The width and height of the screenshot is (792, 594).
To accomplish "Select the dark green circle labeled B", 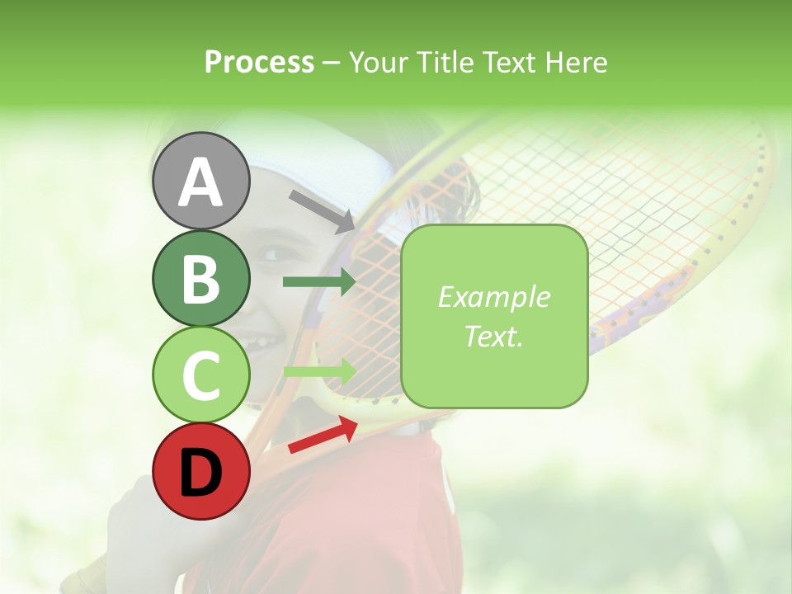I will (x=200, y=278).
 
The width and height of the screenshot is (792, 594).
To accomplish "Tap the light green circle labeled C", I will (x=200, y=375).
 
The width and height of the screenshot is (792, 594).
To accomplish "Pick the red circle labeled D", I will (x=200, y=472).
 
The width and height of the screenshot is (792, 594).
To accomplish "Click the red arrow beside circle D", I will (x=323, y=435).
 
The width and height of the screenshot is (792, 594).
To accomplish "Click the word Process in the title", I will (x=259, y=62).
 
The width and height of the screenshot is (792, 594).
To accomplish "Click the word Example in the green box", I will (x=493, y=297).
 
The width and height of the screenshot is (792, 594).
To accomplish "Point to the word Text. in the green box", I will (x=493, y=336).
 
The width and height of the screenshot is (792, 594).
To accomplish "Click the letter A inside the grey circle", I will (x=200, y=182).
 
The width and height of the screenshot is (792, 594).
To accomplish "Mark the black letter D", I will (x=200, y=473).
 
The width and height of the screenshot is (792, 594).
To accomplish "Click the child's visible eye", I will (x=270, y=254).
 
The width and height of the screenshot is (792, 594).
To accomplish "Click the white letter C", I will (x=200, y=376).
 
